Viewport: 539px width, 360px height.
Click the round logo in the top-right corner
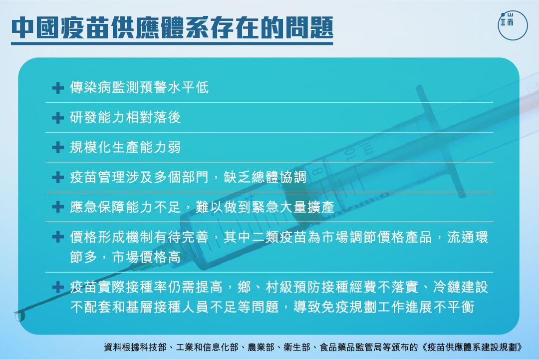point(513,25)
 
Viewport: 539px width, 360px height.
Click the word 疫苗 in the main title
point(83,27)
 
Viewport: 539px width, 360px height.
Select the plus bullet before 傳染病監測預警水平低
point(58,88)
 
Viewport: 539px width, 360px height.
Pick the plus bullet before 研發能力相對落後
point(58,118)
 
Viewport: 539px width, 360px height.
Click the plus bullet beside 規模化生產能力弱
point(58,147)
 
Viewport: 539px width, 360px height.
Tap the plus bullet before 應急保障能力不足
point(58,207)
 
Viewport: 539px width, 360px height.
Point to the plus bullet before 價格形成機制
point(58,237)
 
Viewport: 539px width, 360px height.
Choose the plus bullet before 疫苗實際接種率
point(58,287)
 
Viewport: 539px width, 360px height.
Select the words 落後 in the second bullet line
point(167,117)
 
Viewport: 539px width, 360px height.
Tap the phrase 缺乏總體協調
point(265,177)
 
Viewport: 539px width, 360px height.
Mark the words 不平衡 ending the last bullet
point(454,307)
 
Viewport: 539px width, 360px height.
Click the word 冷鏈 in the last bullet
point(447,287)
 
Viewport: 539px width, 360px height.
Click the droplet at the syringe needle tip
point(20,316)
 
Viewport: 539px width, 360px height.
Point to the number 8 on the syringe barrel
point(317,171)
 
